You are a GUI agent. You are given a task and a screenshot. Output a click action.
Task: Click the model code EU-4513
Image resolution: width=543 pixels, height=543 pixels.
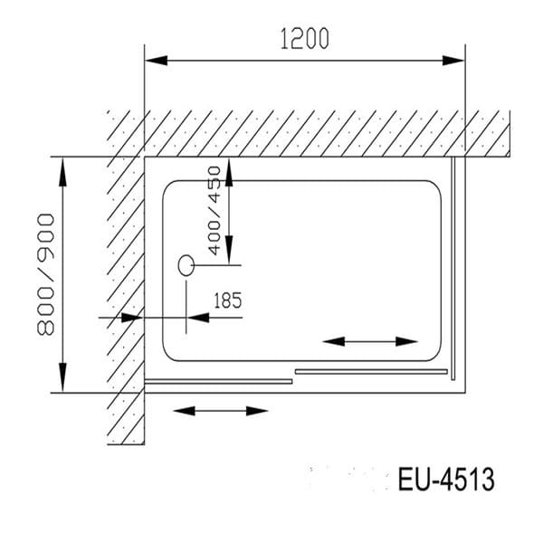[x=446, y=479]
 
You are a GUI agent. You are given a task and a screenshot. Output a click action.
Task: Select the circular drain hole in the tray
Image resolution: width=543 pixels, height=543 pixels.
[x=186, y=264]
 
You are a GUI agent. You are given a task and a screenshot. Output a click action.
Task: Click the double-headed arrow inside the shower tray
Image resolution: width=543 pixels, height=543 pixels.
[x=370, y=341]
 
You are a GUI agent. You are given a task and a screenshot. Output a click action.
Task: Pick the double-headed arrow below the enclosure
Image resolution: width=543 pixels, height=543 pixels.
[x=221, y=410]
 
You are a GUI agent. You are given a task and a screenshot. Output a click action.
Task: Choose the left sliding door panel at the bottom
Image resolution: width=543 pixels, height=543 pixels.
[x=219, y=381]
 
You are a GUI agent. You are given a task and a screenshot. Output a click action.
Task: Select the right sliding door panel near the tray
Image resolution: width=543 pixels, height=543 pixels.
[x=371, y=370]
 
